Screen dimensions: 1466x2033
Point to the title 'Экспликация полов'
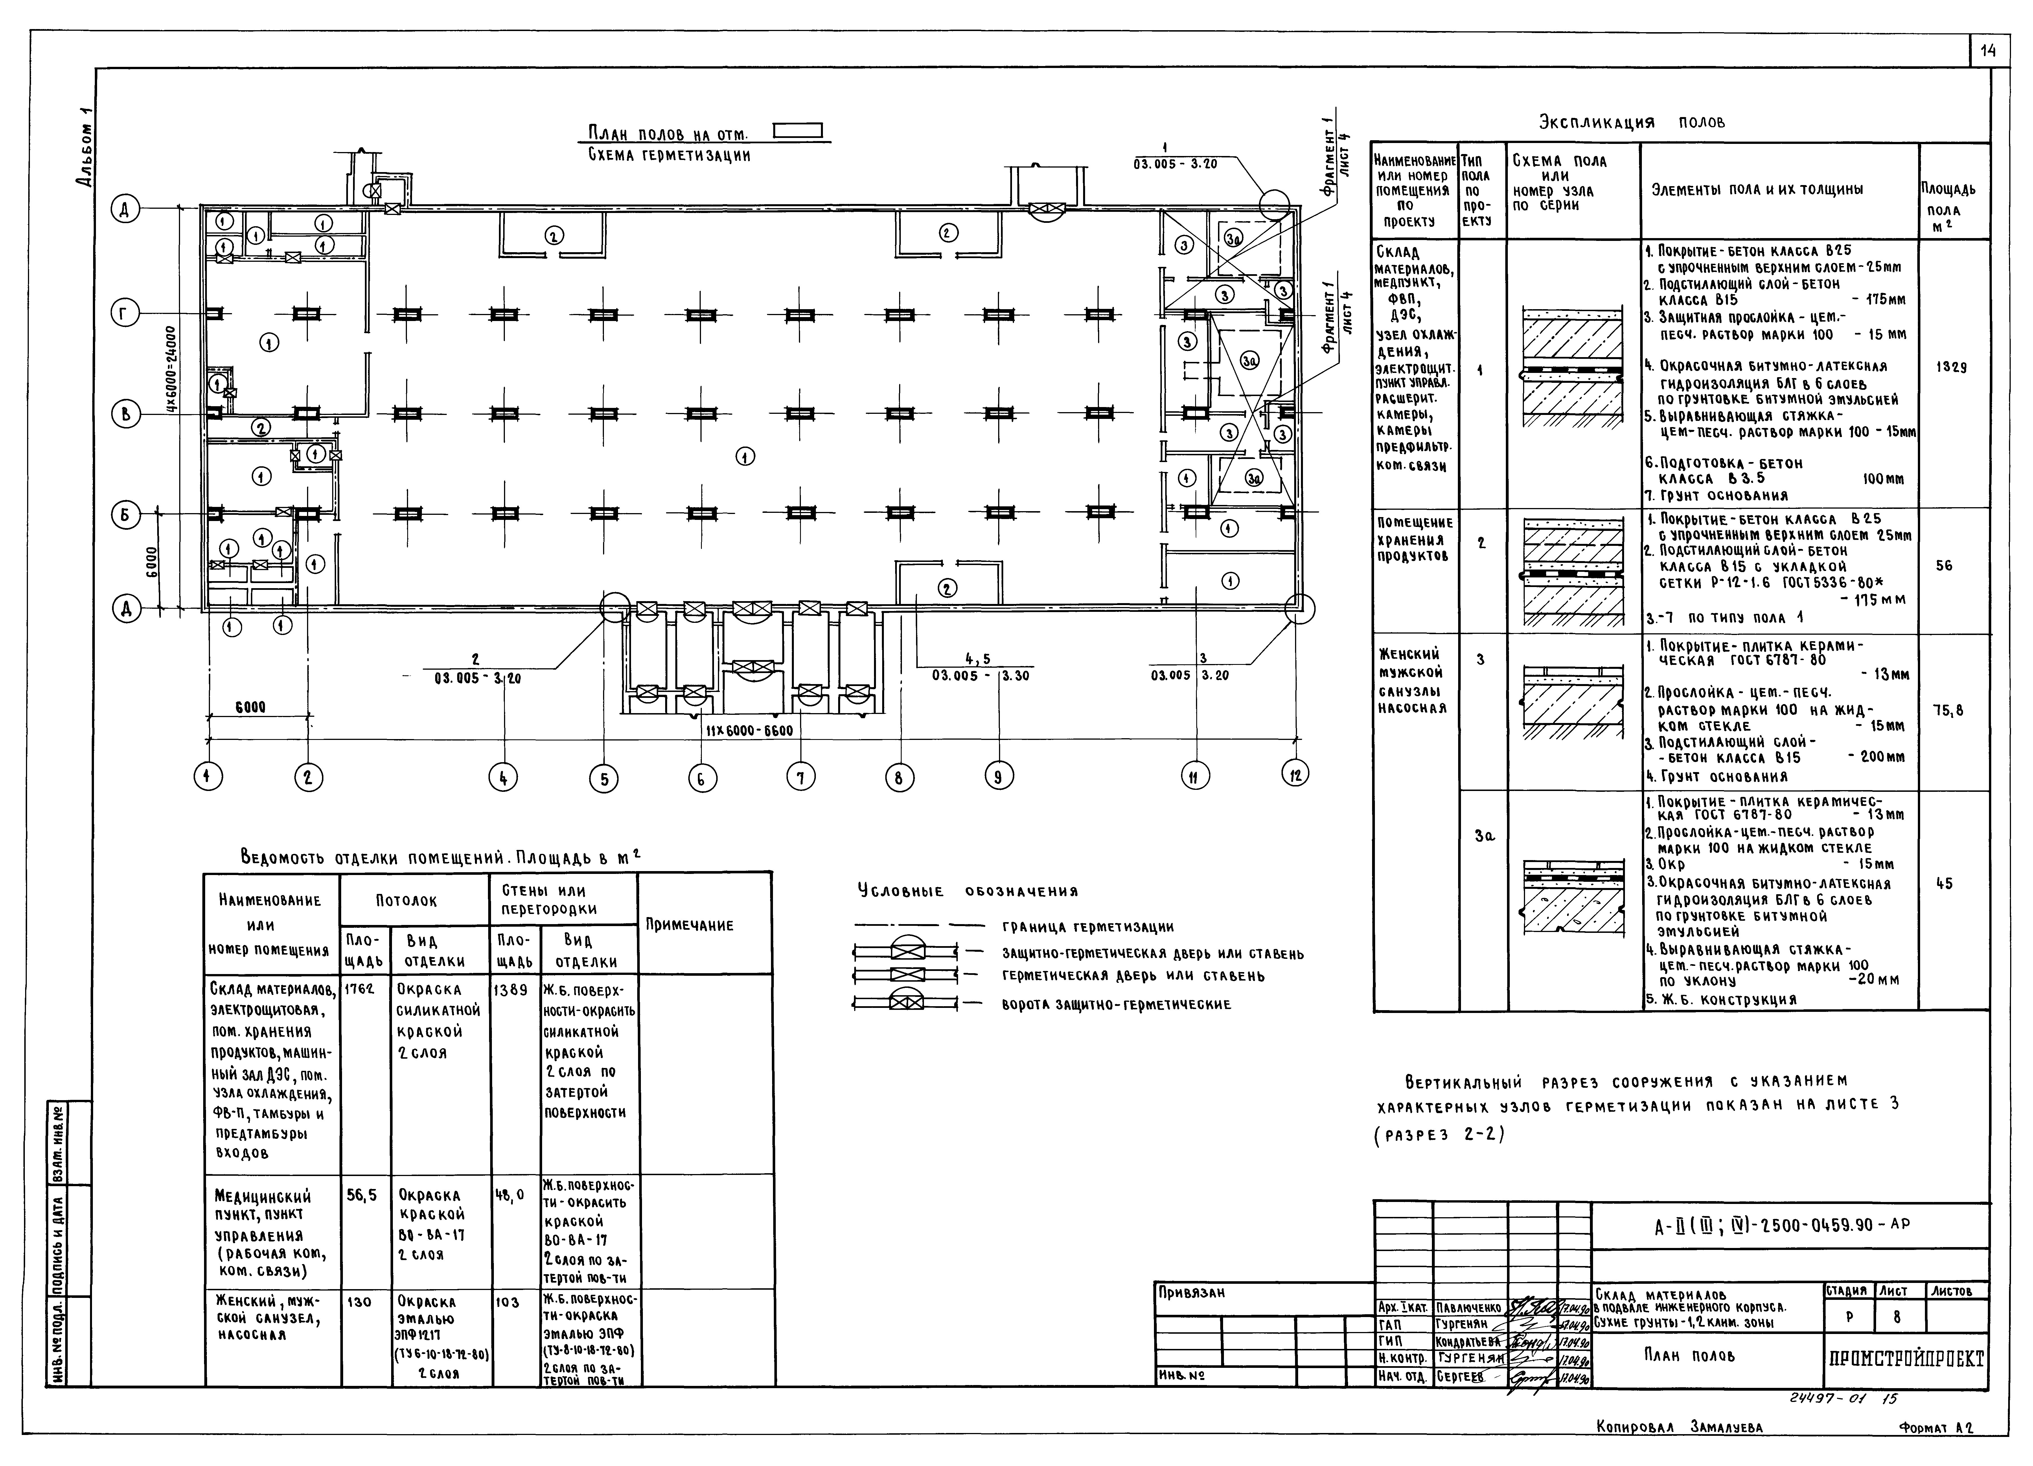point(1631,123)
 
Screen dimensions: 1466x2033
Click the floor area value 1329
point(1944,367)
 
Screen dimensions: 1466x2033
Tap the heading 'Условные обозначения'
point(967,892)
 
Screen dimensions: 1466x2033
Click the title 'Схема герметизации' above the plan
point(669,155)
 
